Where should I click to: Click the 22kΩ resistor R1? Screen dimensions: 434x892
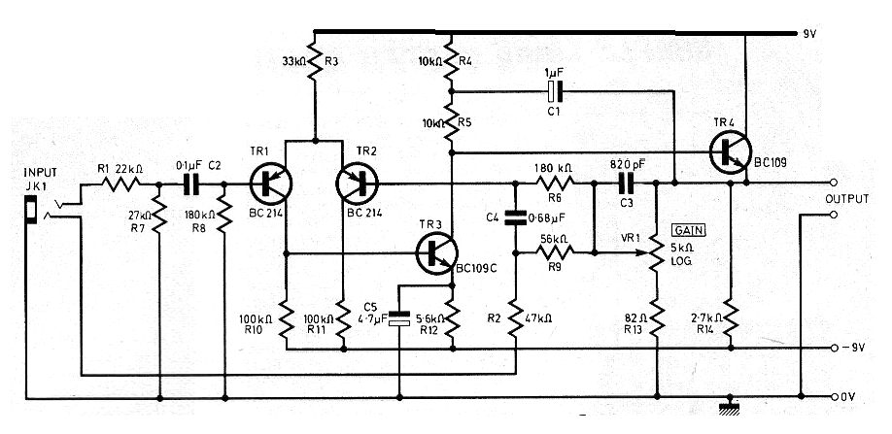pyautogui.click(x=126, y=183)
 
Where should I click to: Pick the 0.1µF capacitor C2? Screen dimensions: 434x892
pyautogui.click(x=191, y=183)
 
